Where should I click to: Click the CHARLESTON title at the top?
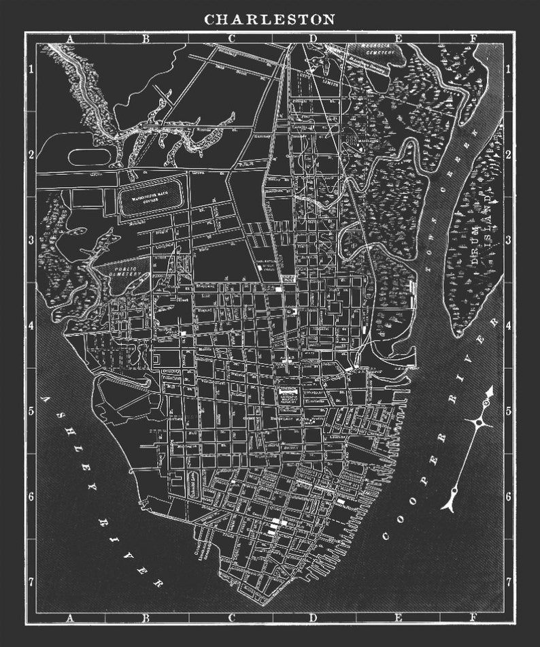pyautogui.click(x=270, y=19)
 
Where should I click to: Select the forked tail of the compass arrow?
pyautogui.click(x=449, y=503)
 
